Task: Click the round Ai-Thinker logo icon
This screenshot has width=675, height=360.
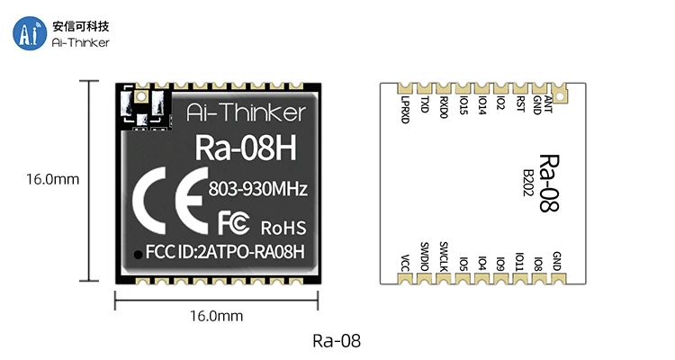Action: pos(29,33)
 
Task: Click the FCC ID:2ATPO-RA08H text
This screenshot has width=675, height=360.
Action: pos(225,253)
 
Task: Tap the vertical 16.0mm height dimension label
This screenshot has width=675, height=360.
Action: pos(52,179)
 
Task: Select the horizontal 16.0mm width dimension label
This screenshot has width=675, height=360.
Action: pos(216,316)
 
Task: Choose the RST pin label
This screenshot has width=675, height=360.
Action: pos(520,106)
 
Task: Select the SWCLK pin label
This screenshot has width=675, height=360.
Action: pos(444,256)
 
